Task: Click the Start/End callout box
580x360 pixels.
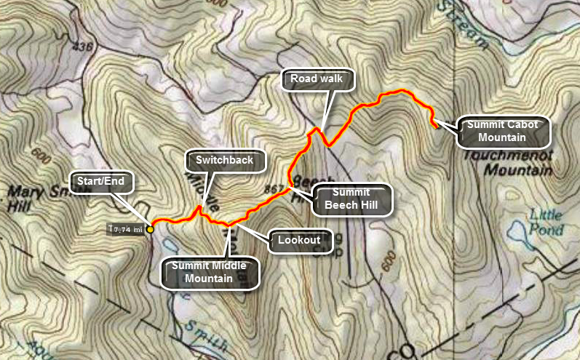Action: pos(100,183)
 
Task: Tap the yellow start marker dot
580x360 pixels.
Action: pos(151,229)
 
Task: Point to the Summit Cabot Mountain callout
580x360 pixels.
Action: pos(502,132)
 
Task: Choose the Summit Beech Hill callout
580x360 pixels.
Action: pos(352,199)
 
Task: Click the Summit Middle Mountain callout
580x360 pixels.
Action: pos(208,271)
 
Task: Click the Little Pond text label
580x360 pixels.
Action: pos(547,222)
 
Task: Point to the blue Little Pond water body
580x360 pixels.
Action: pos(519,231)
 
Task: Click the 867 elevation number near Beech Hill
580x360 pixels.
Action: pos(274,188)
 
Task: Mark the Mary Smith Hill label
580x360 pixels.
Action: pos(29,200)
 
